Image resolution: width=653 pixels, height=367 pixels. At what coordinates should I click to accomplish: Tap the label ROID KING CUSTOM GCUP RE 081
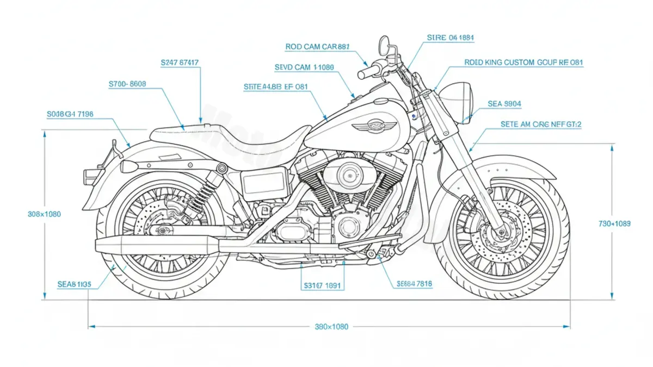pos(523,63)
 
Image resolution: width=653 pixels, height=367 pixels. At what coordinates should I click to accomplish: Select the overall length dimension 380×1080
pos(331,327)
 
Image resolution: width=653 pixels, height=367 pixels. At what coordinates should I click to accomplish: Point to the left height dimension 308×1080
pos(44,214)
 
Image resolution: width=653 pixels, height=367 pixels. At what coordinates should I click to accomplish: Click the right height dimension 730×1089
pos(614,223)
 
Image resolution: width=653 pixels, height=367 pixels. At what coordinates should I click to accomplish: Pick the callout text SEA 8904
pos(504,103)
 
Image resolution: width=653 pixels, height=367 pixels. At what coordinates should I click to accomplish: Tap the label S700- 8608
pos(127,84)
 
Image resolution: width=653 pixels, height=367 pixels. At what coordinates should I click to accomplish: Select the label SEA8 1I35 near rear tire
pos(74,284)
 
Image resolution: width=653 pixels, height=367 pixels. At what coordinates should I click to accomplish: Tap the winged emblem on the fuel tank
pos(368,126)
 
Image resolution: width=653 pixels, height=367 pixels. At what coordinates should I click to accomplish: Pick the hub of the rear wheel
pos(161,231)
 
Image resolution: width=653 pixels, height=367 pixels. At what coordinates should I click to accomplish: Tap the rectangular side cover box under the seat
pos(264,182)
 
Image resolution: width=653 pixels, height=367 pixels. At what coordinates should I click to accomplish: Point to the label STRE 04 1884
pos(451,38)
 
